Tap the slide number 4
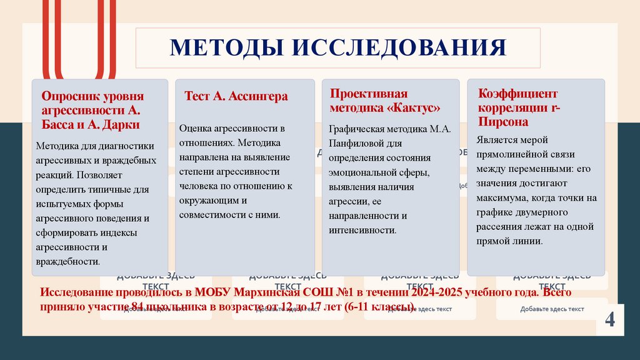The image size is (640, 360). pyautogui.click(x=609, y=320)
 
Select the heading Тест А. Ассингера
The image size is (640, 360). pyautogui.click(x=236, y=96)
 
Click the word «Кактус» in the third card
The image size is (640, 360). pyautogui.click(x=413, y=107)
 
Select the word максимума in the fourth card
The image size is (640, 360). pyautogui.click(x=502, y=198)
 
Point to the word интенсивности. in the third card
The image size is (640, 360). pyautogui.click(x=363, y=231)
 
